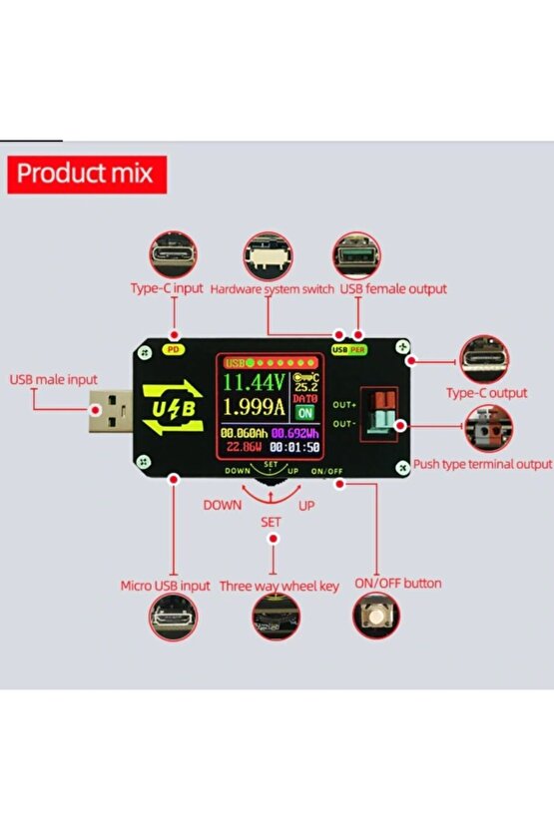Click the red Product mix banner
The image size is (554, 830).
point(87,173)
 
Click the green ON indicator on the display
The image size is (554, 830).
point(304,412)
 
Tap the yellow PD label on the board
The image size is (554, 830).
point(172,349)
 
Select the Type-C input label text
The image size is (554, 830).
point(167,288)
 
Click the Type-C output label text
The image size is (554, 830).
point(486,393)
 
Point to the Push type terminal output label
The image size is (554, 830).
point(482,464)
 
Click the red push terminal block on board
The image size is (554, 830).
point(378,411)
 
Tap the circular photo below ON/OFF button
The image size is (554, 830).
point(376,616)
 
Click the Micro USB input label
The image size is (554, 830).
point(166,586)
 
